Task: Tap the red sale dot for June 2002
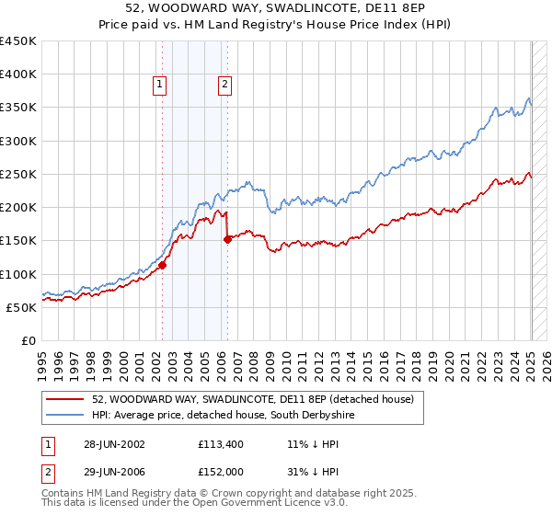click(162, 265)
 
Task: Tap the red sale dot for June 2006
click(227, 239)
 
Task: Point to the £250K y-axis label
click(18, 174)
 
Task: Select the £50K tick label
click(22, 307)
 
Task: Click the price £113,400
click(219, 443)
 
